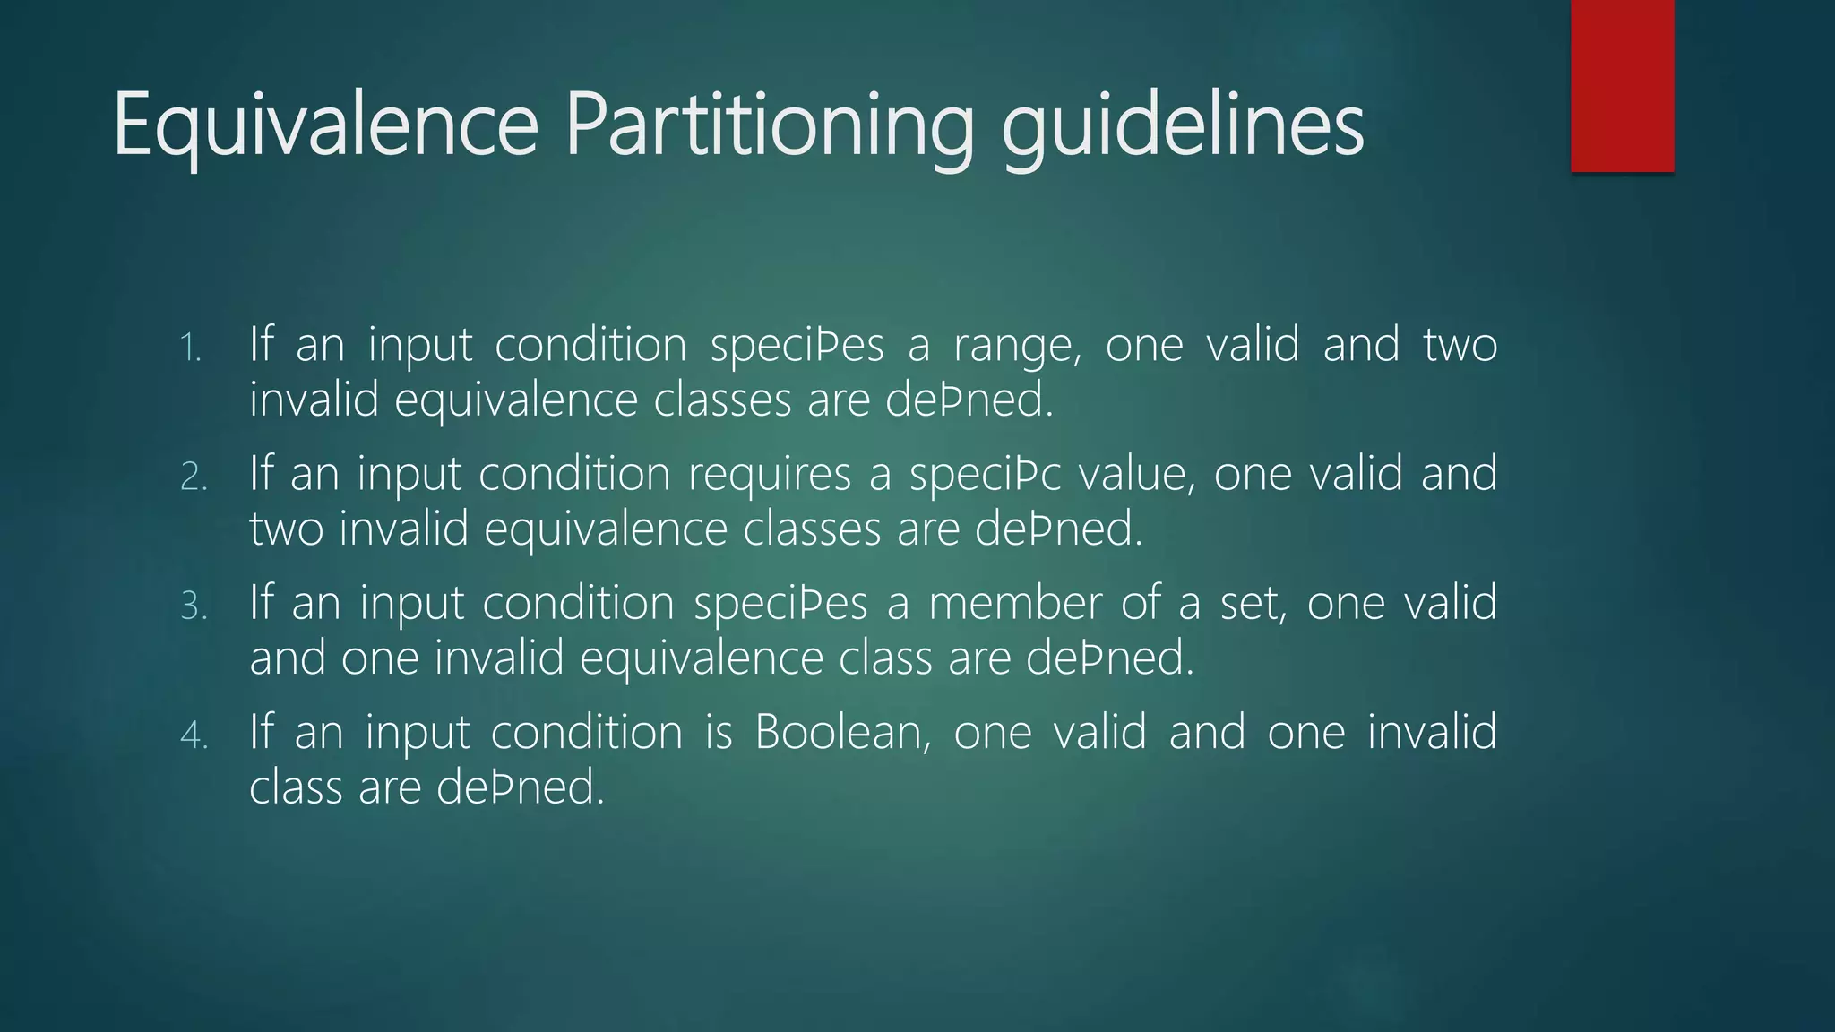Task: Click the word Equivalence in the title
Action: pos(325,125)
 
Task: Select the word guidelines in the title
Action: pos(1182,125)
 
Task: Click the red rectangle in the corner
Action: pos(1622,86)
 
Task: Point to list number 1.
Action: pos(191,348)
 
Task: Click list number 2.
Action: pos(194,477)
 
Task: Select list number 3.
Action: pos(194,606)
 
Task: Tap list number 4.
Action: pos(194,735)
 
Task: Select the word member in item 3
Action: pos(1014,604)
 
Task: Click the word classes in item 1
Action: pos(722,400)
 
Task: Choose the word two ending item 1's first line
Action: pos(1460,346)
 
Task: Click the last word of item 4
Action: pos(521,788)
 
